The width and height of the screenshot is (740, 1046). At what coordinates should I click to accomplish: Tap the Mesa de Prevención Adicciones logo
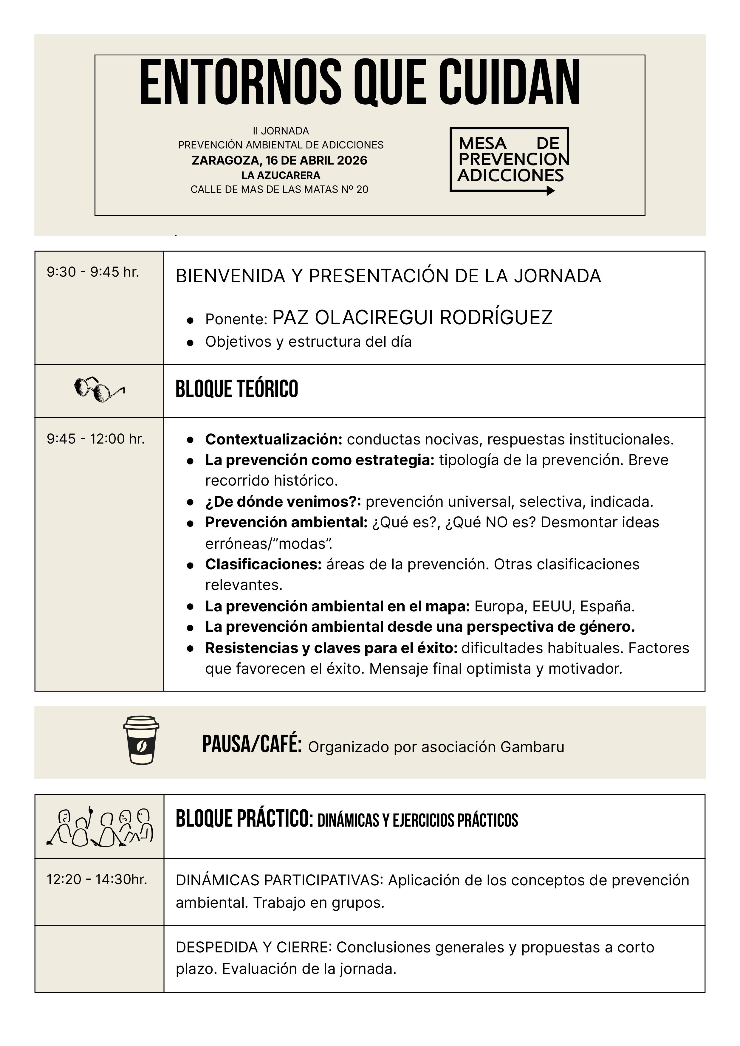[510, 160]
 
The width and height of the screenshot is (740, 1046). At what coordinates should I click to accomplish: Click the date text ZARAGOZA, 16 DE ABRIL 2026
[279, 160]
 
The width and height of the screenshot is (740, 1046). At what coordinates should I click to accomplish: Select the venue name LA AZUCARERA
[281, 175]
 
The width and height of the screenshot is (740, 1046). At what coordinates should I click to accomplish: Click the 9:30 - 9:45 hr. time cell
[93, 272]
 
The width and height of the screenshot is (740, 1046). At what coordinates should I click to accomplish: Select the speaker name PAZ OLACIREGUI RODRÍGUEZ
[412, 317]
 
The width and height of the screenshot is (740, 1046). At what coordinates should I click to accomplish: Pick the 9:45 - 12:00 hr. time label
[96, 439]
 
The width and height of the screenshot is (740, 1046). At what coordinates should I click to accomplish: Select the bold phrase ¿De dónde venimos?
[283, 502]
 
